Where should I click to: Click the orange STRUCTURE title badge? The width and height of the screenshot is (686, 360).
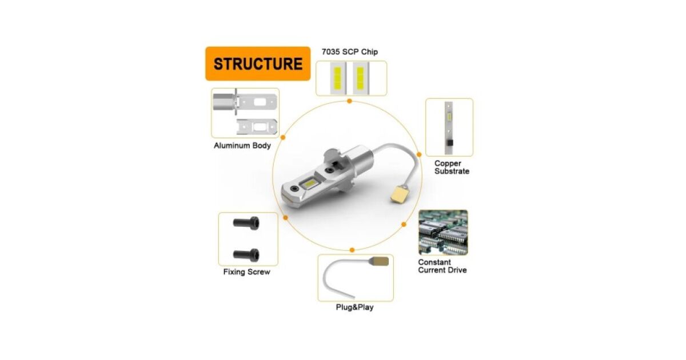click(258, 63)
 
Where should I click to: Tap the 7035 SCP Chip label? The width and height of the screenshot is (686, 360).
click(349, 52)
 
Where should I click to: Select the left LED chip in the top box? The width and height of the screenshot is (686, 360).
click(337, 78)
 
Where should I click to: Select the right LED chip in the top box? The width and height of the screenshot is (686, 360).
click(360, 78)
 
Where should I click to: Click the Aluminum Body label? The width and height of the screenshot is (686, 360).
click(242, 146)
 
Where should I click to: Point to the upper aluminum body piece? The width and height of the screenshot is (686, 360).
click(245, 103)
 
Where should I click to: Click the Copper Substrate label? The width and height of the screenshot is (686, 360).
click(452, 167)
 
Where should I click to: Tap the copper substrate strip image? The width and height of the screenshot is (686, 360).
click(449, 127)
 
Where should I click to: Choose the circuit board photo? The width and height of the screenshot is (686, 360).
click(443, 232)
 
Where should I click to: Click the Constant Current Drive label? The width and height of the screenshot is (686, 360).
click(442, 266)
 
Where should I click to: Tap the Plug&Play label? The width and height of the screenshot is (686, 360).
click(355, 307)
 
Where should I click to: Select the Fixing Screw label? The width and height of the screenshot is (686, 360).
click(246, 272)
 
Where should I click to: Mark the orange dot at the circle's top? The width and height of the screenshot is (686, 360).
click(349, 101)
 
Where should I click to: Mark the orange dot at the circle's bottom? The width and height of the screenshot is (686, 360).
click(352, 250)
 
